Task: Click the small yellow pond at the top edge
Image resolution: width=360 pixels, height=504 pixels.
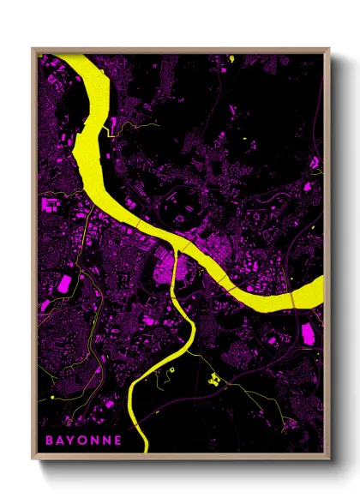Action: coord(231,57)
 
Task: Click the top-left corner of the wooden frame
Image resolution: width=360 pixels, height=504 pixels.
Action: coord(33,49)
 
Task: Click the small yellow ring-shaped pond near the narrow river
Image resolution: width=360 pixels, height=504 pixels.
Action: coord(172,370)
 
